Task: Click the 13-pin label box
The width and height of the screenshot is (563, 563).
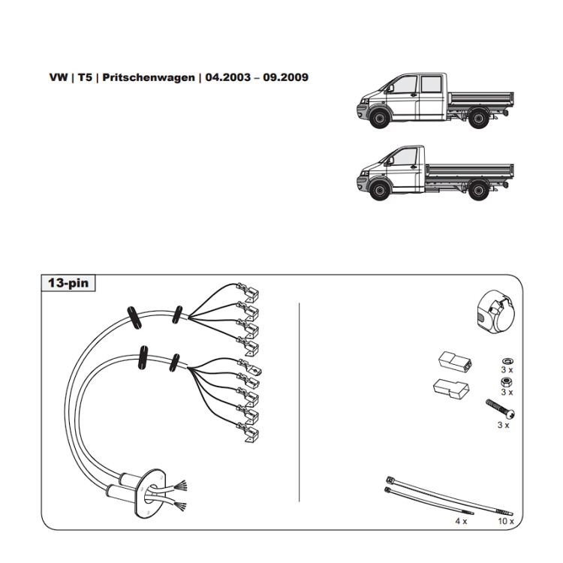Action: point(68,284)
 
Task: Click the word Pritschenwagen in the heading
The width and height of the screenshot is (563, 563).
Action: point(149,77)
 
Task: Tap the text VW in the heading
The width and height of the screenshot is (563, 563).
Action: point(57,77)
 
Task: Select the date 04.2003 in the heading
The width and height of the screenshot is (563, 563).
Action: point(227,77)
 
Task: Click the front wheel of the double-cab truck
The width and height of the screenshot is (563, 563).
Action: point(378,119)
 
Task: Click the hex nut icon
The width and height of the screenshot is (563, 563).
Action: point(505,381)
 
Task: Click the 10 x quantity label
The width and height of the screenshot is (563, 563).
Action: point(505,520)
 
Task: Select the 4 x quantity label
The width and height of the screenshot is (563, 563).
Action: point(460,520)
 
